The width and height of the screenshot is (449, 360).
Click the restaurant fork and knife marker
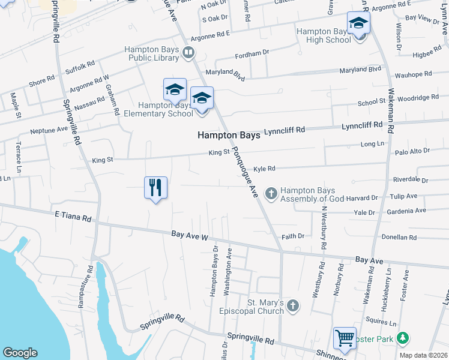point(155,187)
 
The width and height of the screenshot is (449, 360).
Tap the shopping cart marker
point(345,338)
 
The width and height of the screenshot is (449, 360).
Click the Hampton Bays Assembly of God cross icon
point(271,193)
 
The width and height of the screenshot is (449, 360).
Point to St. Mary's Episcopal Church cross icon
point(292,306)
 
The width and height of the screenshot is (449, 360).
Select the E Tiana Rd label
point(73,217)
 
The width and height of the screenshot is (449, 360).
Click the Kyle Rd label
point(264,169)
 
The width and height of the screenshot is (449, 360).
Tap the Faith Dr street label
point(293,236)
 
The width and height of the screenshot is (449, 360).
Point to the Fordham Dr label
point(253,53)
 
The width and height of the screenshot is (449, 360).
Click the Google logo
point(20,353)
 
